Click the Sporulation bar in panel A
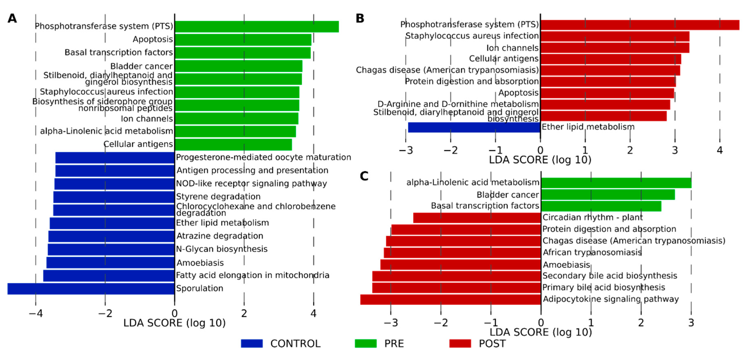click(x=91, y=289)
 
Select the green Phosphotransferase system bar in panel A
click(x=256, y=26)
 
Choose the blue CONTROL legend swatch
click(x=252, y=343)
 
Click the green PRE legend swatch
click(x=365, y=343)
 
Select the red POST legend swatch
click(x=460, y=343)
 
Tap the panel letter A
click(x=12, y=18)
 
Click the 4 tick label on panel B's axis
click(x=720, y=150)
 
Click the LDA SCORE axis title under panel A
click(x=174, y=323)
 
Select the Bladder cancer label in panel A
click(x=142, y=66)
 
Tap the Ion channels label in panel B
click(x=512, y=48)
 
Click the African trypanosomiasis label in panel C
click(x=592, y=252)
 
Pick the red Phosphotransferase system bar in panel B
click(x=640, y=25)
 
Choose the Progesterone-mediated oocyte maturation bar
click(x=115, y=158)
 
